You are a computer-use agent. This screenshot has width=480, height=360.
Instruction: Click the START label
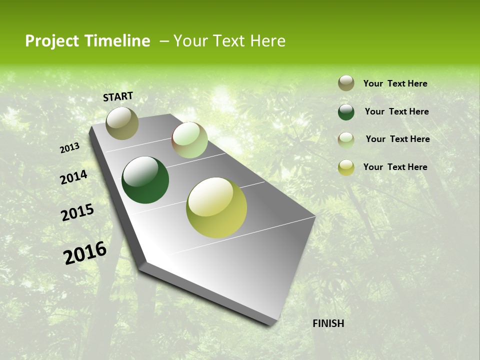pyautogui.click(x=118, y=96)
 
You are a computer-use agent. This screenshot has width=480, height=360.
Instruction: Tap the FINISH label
pyautogui.click(x=328, y=323)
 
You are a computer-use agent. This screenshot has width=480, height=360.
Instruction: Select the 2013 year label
pyautogui.click(x=69, y=148)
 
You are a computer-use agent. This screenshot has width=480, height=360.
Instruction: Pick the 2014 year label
pyautogui.click(x=73, y=177)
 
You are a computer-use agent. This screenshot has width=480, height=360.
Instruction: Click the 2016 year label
pyautogui.click(x=85, y=252)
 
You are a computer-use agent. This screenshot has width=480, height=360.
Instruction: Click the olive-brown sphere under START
pyautogui.click(x=122, y=123)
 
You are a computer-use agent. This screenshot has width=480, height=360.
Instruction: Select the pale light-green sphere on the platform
pyautogui.click(x=189, y=140)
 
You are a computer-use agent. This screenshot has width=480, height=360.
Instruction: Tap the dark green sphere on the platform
pyautogui.click(x=145, y=180)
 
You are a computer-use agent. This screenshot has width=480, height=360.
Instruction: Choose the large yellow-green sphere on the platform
pyautogui.click(x=216, y=207)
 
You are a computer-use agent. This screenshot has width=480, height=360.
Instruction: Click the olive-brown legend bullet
pyautogui.click(x=346, y=83)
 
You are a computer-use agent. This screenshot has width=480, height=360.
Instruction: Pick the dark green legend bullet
pyautogui.click(x=346, y=112)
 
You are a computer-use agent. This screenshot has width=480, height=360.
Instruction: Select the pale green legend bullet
pyautogui.click(x=346, y=140)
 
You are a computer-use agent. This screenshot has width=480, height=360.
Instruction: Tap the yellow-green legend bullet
pyautogui.click(x=346, y=167)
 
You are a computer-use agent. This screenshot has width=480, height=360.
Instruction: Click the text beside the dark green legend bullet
pyautogui.click(x=396, y=111)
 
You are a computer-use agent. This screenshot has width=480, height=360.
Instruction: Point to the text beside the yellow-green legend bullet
pyautogui.click(x=395, y=167)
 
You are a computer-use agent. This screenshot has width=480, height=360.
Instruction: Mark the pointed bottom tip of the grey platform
pyautogui.click(x=270, y=324)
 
